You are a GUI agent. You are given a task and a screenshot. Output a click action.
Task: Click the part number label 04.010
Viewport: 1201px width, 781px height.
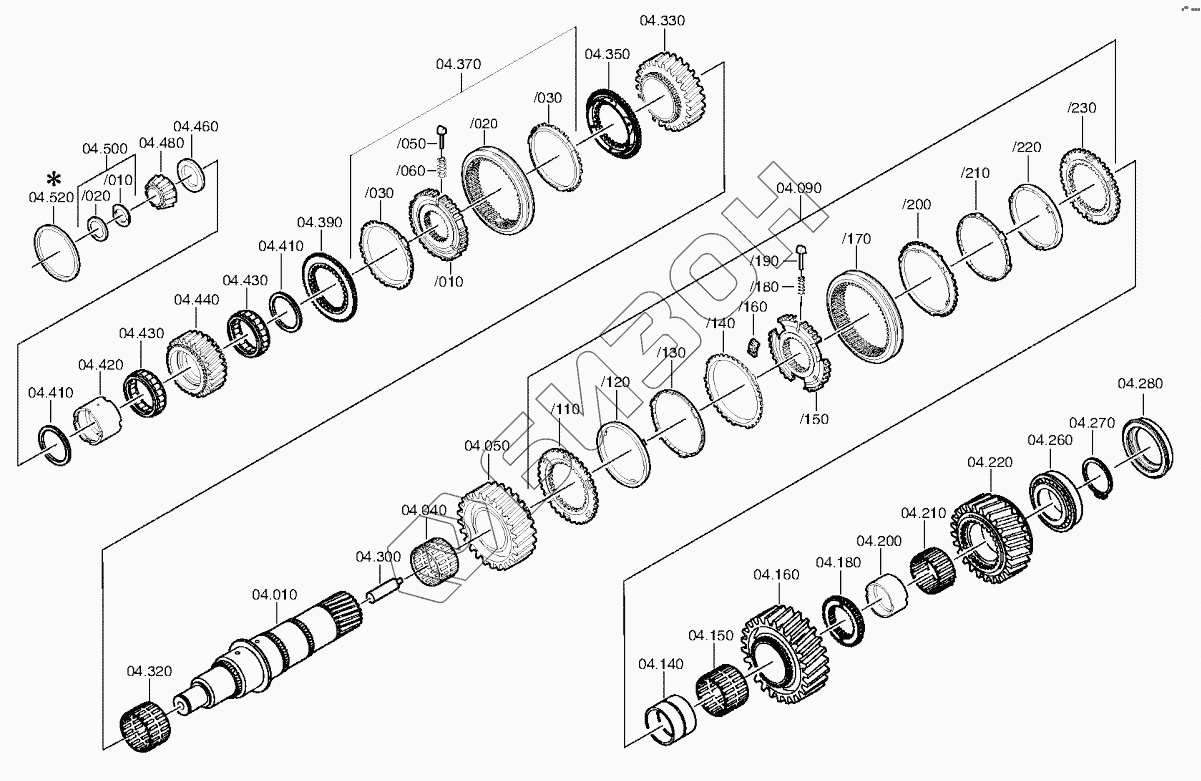pos(274,595)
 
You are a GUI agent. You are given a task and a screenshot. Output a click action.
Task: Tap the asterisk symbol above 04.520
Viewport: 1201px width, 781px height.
pos(54,180)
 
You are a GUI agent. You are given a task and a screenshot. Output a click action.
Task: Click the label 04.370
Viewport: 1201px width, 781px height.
pos(458,64)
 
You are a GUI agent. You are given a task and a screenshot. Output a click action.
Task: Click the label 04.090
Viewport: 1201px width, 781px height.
pos(798,188)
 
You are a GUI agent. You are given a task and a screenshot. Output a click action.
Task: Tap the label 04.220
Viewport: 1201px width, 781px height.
pos(989,462)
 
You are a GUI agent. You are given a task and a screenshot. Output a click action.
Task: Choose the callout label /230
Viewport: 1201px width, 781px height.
pos(1081,108)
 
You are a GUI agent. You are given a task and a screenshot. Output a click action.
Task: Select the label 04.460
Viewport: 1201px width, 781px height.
pos(195,126)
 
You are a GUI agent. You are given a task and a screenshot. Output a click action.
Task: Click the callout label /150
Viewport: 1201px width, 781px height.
pos(814,419)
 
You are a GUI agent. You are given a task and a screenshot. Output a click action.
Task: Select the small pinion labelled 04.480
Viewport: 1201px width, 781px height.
pos(158,188)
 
